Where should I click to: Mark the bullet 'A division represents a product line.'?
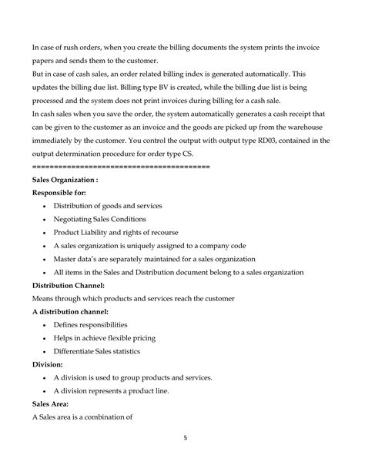[111, 391]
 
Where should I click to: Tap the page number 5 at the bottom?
[186, 438]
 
